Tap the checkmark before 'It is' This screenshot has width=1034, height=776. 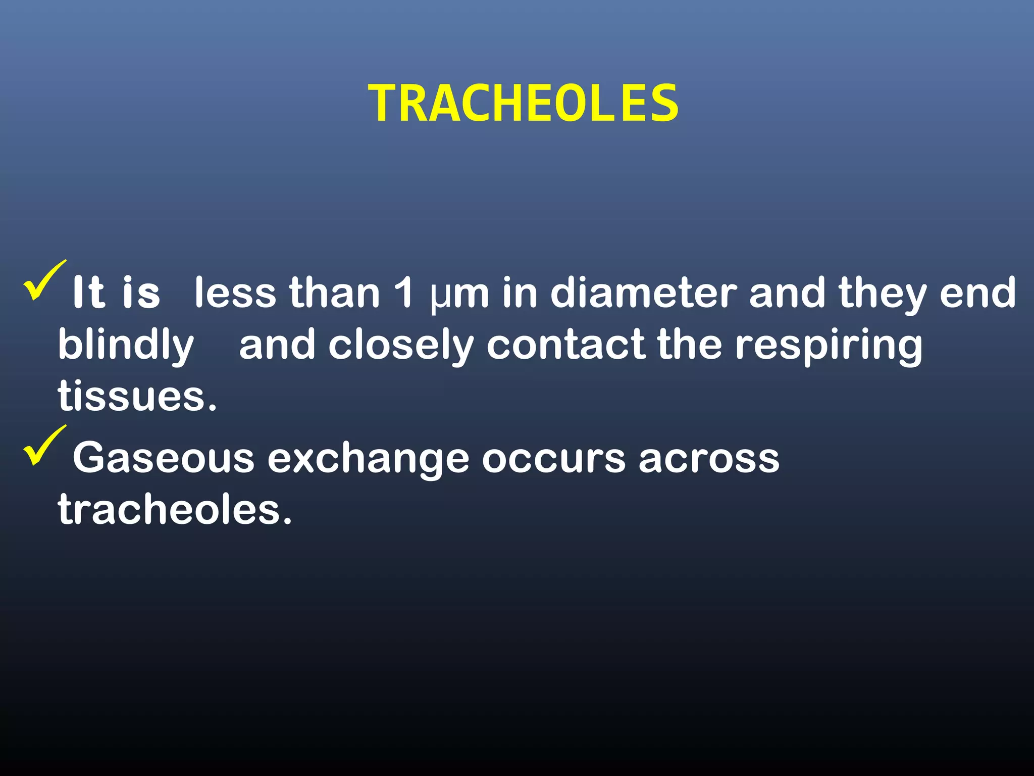pos(44,281)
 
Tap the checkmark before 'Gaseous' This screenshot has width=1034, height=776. pos(44,446)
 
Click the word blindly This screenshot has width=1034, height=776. pos(126,347)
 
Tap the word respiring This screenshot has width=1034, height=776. pos(828,347)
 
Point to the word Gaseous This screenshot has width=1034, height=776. pos(164,458)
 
